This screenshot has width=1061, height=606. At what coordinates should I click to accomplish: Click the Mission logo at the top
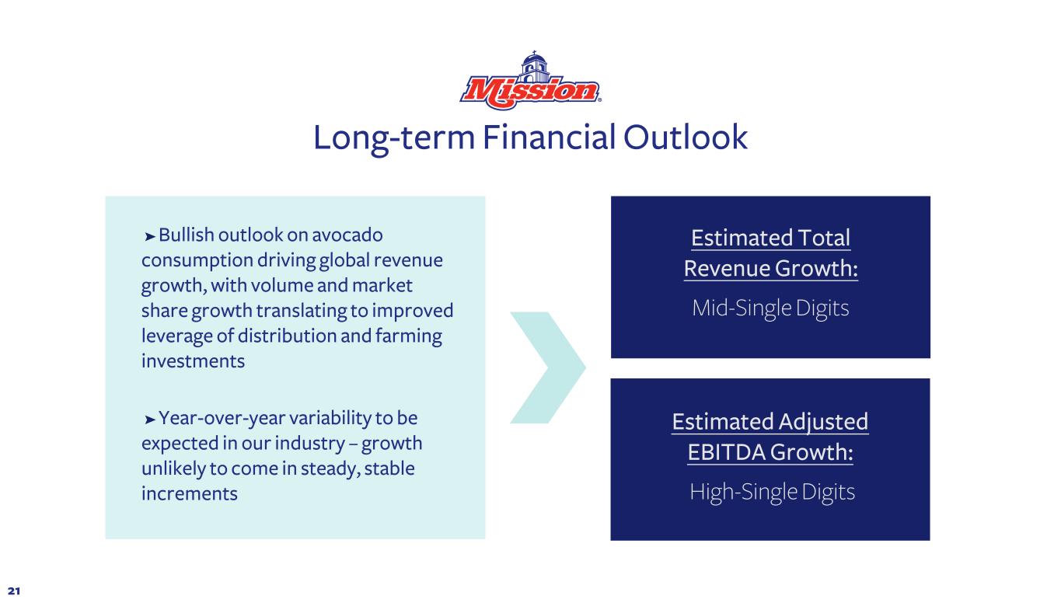click(530, 81)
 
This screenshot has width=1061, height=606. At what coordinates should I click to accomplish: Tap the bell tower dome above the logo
click(534, 61)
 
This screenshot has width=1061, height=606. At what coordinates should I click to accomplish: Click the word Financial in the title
click(549, 138)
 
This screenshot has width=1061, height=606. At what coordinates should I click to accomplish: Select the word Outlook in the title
click(686, 138)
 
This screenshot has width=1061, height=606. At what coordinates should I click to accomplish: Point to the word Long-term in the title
click(393, 138)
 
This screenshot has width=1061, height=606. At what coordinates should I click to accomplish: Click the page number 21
click(14, 590)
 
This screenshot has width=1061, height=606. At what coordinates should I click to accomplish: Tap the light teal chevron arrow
click(548, 367)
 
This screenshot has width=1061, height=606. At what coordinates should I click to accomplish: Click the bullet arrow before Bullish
click(150, 236)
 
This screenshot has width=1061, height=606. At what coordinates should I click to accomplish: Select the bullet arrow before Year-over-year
click(150, 420)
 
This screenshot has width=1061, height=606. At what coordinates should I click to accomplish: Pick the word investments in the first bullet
click(194, 361)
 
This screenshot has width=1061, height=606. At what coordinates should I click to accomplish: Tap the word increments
click(190, 494)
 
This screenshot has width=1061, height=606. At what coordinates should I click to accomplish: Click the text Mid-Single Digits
click(770, 308)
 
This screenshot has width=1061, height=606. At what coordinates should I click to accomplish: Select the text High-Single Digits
click(772, 492)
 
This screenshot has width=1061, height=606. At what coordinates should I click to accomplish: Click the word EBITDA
click(726, 452)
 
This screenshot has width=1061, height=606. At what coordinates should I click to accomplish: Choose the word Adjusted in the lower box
click(823, 423)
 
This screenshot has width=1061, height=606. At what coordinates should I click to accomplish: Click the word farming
click(409, 336)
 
